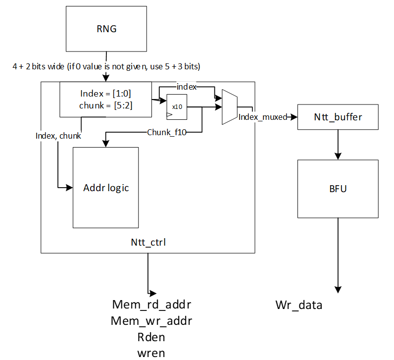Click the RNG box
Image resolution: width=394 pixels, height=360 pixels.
(106, 29)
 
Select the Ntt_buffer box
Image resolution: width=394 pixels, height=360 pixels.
(338, 117)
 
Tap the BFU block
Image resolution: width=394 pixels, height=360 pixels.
(338, 189)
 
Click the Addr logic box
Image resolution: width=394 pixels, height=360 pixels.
(106, 188)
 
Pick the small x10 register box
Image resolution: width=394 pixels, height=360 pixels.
(177, 106)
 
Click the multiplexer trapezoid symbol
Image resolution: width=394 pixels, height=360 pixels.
(229, 107)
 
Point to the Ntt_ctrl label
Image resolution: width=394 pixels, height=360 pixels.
(148, 243)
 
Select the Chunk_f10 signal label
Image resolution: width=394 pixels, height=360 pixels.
(166, 132)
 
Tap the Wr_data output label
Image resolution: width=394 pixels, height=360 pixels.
(298, 305)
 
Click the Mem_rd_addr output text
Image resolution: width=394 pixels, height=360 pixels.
(151, 304)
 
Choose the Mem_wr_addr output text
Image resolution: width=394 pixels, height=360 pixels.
(151, 321)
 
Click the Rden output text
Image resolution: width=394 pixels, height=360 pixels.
(151, 337)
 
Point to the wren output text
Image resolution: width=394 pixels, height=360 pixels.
(151, 353)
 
